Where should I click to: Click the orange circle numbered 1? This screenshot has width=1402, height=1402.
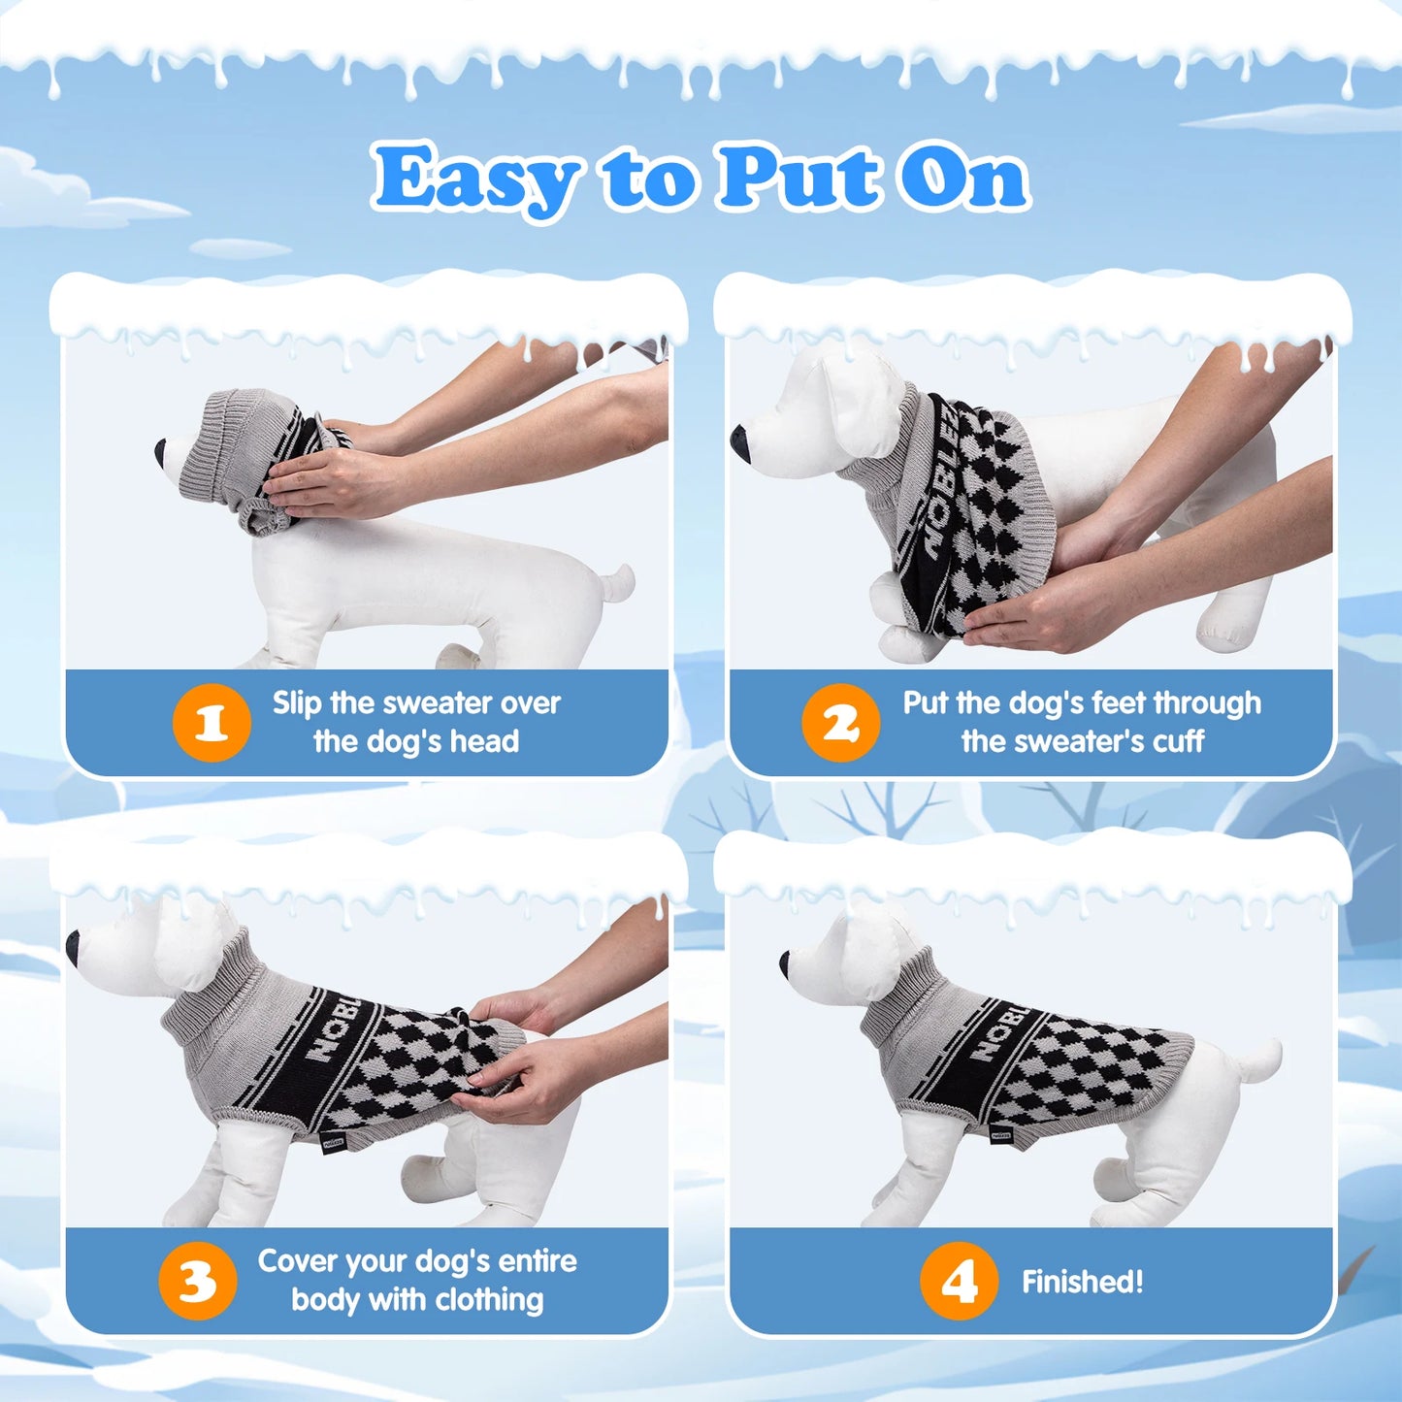(212, 723)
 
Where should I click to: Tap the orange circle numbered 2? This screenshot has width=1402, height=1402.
(840, 723)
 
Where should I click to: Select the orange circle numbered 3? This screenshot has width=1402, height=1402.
(197, 1281)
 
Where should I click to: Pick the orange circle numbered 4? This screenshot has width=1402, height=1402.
(959, 1281)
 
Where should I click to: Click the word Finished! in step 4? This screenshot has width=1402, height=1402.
(1082, 1282)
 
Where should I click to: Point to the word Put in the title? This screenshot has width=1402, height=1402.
(799, 177)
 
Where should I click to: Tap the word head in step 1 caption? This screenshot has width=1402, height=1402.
(484, 741)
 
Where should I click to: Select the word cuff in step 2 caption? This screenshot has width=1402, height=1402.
(1178, 741)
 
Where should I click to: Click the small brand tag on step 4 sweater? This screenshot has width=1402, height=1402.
(1000, 1133)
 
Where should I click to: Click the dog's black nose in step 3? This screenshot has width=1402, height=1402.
(73, 947)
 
